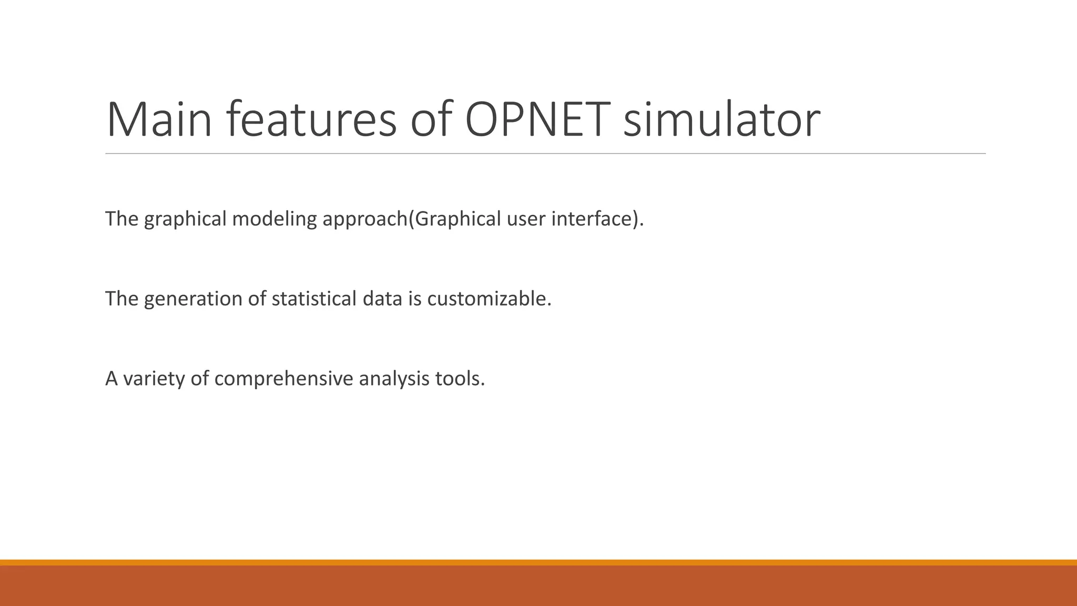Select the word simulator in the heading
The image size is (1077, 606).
tap(721, 120)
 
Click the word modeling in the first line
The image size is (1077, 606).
tap(275, 219)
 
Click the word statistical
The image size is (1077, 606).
tap(314, 299)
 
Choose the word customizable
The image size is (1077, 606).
tap(489, 299)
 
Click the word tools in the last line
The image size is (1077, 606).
tap(460, 379)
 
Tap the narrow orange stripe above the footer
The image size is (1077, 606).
tap(538, 562)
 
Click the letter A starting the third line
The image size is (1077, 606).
tap(111, 379)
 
